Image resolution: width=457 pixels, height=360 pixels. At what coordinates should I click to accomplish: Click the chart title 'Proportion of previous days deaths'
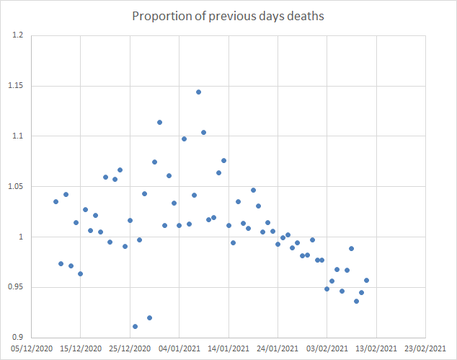click(x=228, y=16)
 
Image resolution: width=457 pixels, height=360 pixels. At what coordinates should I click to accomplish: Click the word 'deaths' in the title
click(x=306, y=16)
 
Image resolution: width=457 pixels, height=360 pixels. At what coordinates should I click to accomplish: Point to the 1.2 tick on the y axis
click(x=17, y=35)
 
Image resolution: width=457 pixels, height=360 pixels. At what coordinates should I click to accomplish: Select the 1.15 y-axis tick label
click(x=15, y=86)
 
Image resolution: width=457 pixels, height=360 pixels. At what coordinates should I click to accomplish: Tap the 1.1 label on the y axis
click(x=17, y=136)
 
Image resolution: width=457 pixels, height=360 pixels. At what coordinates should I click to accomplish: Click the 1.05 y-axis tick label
click(x=15, y=187)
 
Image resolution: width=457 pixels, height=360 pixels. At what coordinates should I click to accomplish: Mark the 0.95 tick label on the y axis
click(x=15, y=287)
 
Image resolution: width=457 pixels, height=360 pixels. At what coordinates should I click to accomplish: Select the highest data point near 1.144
click(x=198, y=92)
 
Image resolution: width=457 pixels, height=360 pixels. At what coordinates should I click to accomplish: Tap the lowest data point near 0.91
click(x=135, y=326)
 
